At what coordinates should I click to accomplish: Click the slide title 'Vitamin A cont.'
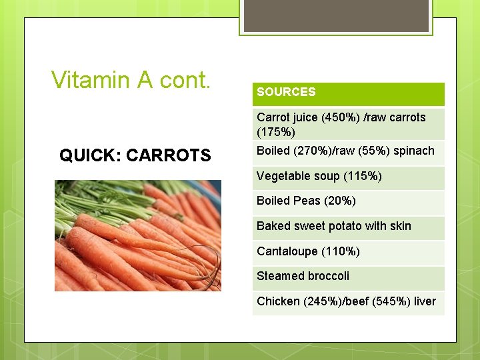[131, 80]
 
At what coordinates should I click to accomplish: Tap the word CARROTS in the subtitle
[168, 156]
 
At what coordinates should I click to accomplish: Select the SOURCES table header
[286, 92]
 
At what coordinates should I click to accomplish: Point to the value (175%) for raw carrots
[275, 133]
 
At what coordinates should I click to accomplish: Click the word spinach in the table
[414, 151]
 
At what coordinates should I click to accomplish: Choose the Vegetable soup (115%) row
[319, 176]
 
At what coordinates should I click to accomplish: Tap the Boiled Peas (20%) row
[306, 201]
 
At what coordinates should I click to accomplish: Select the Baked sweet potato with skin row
[333, 226]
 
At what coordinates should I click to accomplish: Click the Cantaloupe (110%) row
[308, 251]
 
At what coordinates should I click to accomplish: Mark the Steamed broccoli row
[303, 276]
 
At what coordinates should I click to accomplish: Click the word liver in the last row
[425, 301]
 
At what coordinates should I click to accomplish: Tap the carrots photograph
[138, 235]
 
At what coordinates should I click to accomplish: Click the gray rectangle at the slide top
[335, 15]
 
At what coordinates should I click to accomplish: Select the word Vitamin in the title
[91, 80]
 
